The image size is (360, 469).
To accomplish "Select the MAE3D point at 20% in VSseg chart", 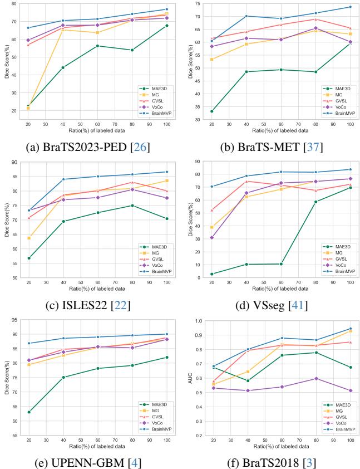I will click(211, 274).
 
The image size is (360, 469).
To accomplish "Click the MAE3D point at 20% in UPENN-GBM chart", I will click(28, 412).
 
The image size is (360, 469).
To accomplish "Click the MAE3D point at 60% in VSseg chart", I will click(280, 264).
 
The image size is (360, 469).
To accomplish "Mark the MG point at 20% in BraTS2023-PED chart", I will click(28, 108).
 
